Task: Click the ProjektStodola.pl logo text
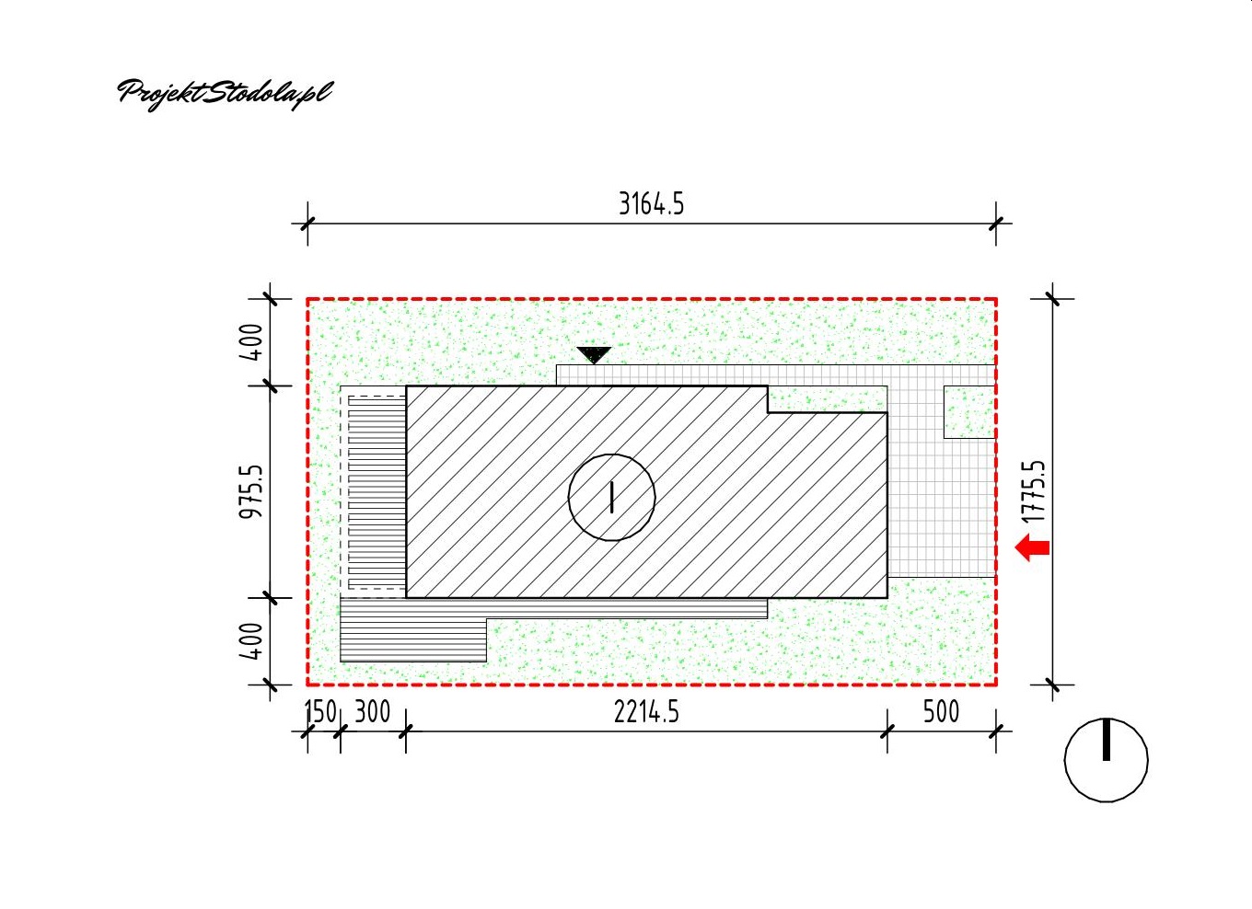coord(225,95)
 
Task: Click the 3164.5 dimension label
coord(651,204)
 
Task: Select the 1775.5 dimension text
coord(1033,492)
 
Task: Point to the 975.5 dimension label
coord(250,491)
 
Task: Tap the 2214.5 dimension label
coord(646,712)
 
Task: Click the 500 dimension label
coord(941,712)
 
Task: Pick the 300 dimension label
coord(373,712)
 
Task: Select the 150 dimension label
coord(320,712)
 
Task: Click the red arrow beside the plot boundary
coord(1032,547)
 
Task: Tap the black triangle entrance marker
coord(594,354)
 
